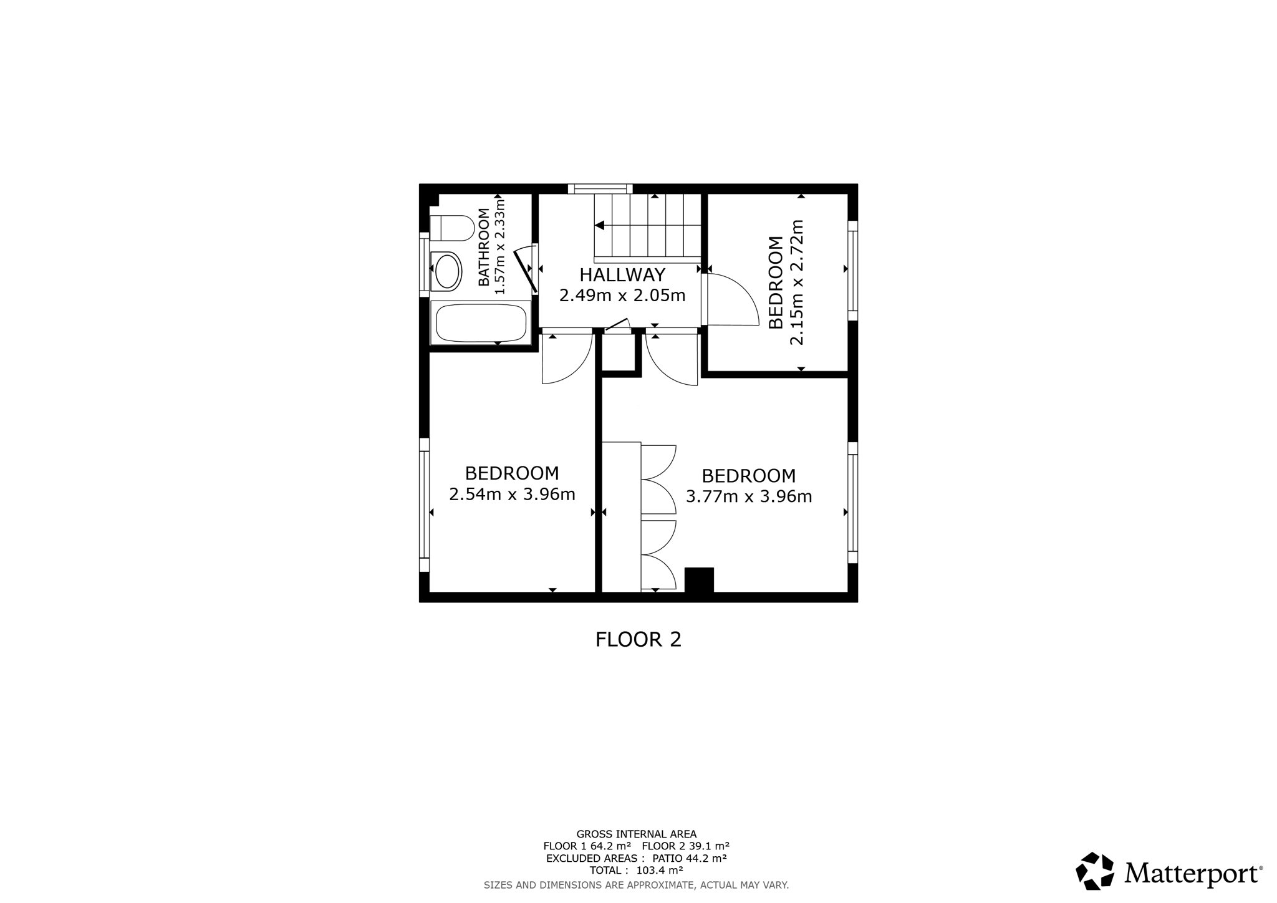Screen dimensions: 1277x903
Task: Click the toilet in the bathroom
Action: coord(452,228)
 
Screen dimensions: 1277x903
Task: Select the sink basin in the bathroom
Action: coord(446,272)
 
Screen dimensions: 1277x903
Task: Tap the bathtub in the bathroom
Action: coord(481,322)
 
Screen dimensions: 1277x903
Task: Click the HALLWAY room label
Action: coord(622,275)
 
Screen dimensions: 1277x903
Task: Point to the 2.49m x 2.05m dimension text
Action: coord(622,296)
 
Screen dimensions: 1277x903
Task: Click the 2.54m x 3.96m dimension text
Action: coord(512,495)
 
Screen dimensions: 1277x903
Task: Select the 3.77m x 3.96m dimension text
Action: coord(749,496)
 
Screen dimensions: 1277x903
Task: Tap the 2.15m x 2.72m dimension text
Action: coord(797,282)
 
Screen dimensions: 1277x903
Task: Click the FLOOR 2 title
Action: coord(638,640)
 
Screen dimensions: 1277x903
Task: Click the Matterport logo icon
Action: coord(1095,871)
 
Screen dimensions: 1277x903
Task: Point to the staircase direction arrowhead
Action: coord(600,225)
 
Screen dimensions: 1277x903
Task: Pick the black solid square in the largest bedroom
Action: coord(699,580)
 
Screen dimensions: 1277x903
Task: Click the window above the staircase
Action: coord(600,188)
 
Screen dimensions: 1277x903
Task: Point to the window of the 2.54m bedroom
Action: coord(425,505)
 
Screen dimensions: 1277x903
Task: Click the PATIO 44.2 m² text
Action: coord(690,858)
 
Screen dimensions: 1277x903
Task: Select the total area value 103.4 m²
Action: coord(660,870)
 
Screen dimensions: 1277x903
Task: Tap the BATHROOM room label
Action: coord(484,248)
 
